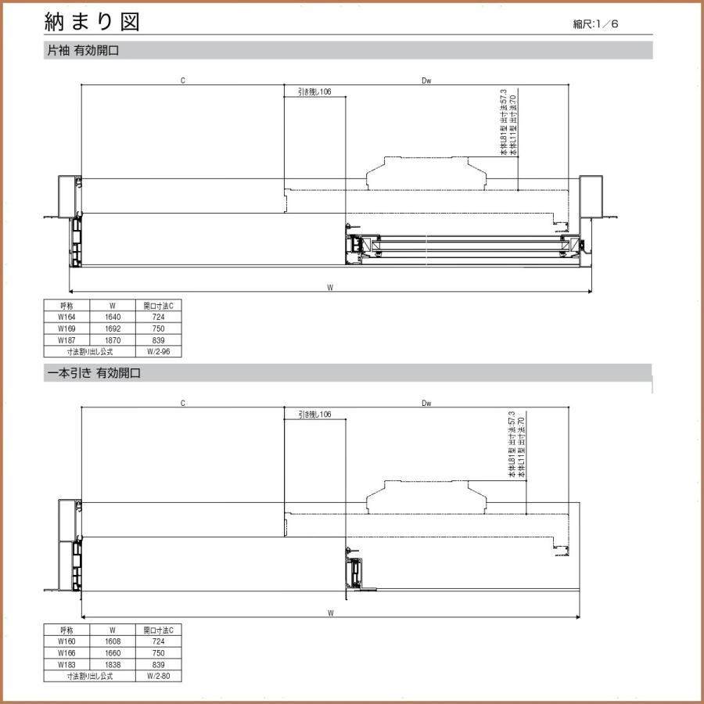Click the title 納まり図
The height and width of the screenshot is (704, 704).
tap(92, 22)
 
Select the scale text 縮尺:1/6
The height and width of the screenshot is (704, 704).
tap(595, 24)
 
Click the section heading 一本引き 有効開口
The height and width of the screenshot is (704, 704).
tap(93, 375)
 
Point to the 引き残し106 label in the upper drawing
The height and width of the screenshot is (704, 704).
tap(314, 92)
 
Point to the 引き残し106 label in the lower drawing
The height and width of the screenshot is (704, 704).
tap(314, 415)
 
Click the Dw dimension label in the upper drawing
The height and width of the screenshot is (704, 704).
tap(426, 80)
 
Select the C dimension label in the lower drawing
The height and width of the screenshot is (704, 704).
tap(182, 404)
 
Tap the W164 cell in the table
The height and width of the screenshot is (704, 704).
tap(66, 318)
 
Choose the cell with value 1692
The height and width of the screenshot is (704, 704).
tap(113, 329)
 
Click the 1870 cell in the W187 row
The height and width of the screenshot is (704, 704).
tap(113, 340)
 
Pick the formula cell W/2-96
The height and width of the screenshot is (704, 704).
tap(158, 352)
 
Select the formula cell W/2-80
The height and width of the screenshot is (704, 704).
tap(158, 676)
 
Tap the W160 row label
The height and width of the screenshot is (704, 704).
tap(66, 641)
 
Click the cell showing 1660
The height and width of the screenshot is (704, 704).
tap(113, 652)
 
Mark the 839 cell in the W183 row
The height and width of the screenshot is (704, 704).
tap(158, 664)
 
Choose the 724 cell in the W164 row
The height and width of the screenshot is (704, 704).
tap(158, 318)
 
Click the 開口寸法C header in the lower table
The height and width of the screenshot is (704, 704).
tap(158, 629)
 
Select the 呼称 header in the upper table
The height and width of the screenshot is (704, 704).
tap(66, 306)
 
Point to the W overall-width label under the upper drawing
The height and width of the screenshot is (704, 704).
tap(331, 288)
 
